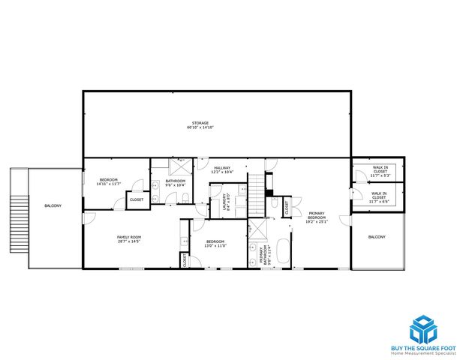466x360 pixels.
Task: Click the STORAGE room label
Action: point(199,125)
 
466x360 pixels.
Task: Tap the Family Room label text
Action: point(129,239)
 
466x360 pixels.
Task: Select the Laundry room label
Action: point(225,203)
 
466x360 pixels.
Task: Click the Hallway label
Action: point(222,169)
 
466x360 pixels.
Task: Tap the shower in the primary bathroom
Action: point(257,229)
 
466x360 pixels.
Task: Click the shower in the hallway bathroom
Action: point(181,166)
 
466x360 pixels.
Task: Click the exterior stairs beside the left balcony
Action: point(18,217)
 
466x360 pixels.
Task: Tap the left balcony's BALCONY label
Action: point(53,205)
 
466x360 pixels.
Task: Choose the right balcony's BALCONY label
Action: point(377,238)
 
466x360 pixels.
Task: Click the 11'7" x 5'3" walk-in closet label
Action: point(380,171)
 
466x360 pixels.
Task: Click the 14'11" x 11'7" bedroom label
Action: point(110,181)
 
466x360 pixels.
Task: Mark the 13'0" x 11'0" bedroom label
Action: point(216,243)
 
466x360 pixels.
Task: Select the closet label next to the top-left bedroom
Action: point(137,199)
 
